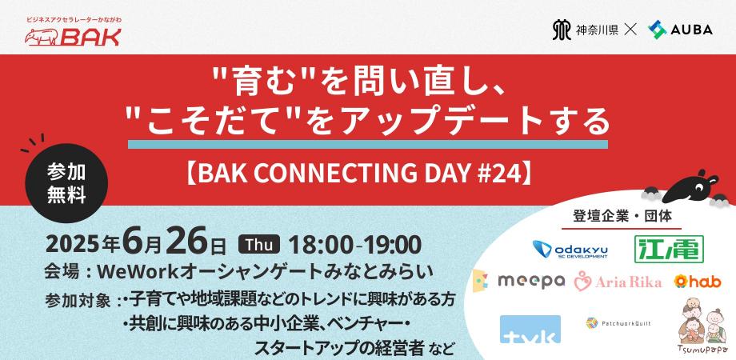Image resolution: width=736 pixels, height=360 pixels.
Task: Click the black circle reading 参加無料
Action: coord(66,182)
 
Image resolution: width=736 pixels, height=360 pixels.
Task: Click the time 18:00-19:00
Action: coord(354,244)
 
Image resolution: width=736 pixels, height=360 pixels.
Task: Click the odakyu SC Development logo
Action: coord(570,249)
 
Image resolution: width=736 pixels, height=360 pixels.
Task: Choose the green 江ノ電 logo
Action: coord(668,249)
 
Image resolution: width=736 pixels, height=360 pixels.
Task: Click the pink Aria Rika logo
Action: coord(618,281)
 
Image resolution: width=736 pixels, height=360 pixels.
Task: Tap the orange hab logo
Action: coord(697,281)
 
